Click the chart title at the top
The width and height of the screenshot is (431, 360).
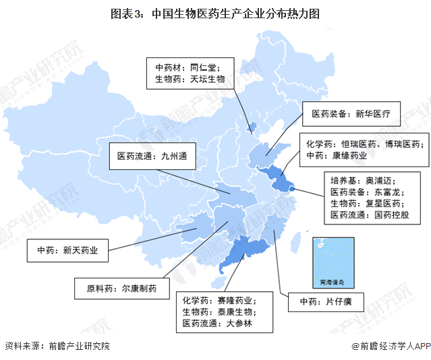[215, 13]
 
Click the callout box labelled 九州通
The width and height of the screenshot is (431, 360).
[152, 156]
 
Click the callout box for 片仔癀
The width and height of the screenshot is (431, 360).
[326, 301]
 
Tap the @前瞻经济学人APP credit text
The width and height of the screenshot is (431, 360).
[390, 346]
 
